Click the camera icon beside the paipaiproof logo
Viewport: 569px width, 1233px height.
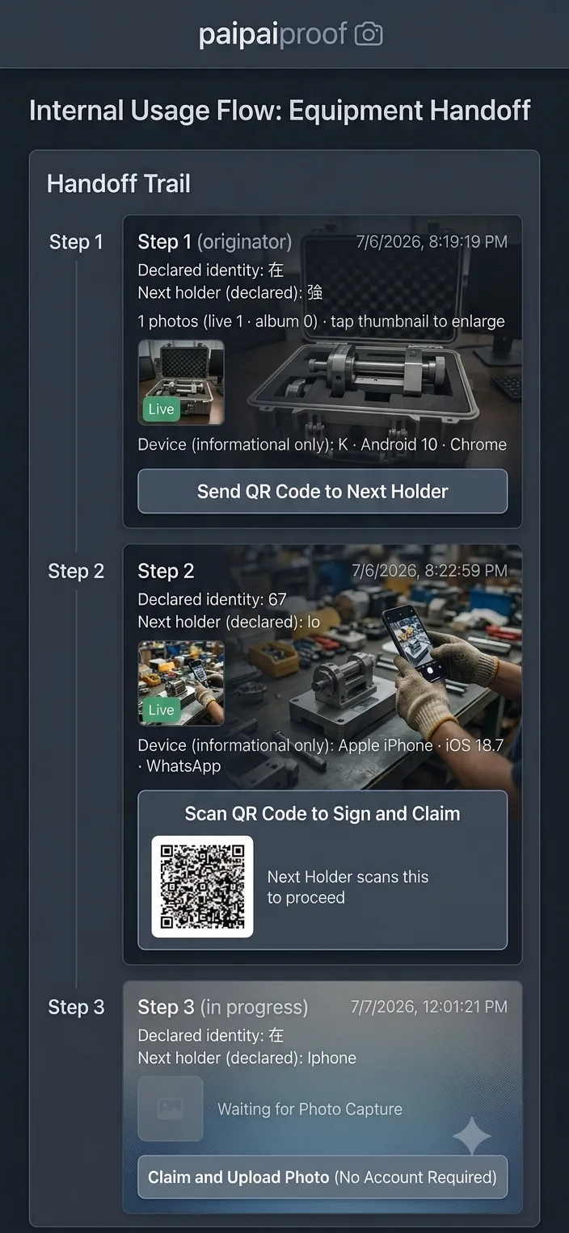coord(369,34)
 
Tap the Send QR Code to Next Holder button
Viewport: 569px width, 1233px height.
coord(322,491)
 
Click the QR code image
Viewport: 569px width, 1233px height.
coord(202,887)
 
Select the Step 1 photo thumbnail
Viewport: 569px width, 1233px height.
coord(181,382)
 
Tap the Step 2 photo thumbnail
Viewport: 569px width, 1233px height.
coord(181,682)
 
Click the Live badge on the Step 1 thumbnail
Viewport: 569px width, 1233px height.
coord(162,409)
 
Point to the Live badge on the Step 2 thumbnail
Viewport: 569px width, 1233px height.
coord(162,710)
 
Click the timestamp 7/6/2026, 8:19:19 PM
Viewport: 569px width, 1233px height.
coord(432,241)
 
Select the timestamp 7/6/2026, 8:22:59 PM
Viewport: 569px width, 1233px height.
coord(430,571)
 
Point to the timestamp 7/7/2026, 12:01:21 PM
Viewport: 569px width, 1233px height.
coord(429,1006)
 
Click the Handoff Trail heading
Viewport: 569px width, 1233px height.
coord(119,183)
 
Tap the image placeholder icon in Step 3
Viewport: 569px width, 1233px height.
coord(171,1109)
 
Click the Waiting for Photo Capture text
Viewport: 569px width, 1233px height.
coord(310,1109)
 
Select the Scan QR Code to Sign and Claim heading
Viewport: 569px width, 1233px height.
coord(322,814)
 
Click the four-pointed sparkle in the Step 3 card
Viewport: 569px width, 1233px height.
coord(471,1135)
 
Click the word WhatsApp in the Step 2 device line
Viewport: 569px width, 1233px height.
coord(183,765)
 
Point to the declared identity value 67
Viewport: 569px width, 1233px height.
coord(277,599)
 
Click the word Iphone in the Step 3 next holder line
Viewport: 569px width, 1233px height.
coord(331,1058)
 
